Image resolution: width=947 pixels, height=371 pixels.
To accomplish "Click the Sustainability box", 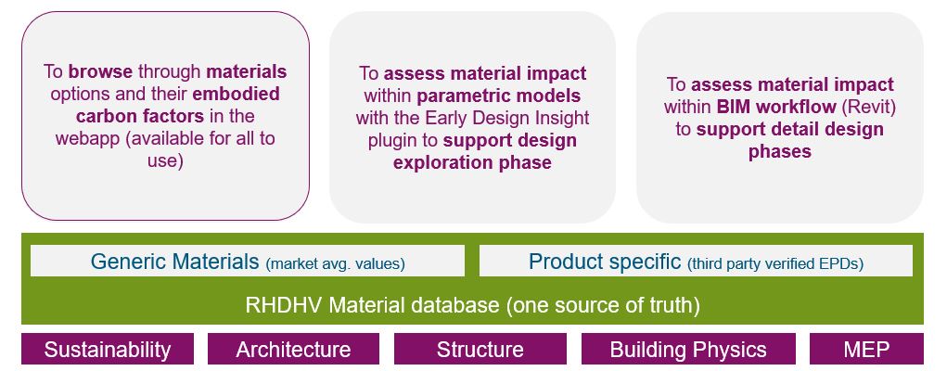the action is coord(108,349).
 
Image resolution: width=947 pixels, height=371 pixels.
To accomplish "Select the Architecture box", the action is coord(293,349).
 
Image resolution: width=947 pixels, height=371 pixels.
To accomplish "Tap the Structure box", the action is coord(480,349).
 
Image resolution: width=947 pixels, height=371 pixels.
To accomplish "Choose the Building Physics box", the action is coord(688,349).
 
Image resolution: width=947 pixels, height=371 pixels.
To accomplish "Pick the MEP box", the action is coord(866,349).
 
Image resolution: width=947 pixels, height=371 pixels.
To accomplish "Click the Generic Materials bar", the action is coord(248,261).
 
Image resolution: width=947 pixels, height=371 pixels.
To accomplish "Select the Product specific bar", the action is coord(696,261).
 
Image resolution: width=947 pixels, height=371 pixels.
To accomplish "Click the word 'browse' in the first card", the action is coord(100,72).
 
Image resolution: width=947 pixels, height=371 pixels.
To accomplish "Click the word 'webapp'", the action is coord(87,139).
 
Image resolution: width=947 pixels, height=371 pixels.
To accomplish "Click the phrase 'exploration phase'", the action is coord(472,162).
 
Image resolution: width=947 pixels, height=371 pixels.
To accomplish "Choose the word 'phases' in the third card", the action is coord(780,151).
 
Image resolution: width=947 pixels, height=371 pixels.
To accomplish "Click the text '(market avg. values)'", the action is coord(335,263).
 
